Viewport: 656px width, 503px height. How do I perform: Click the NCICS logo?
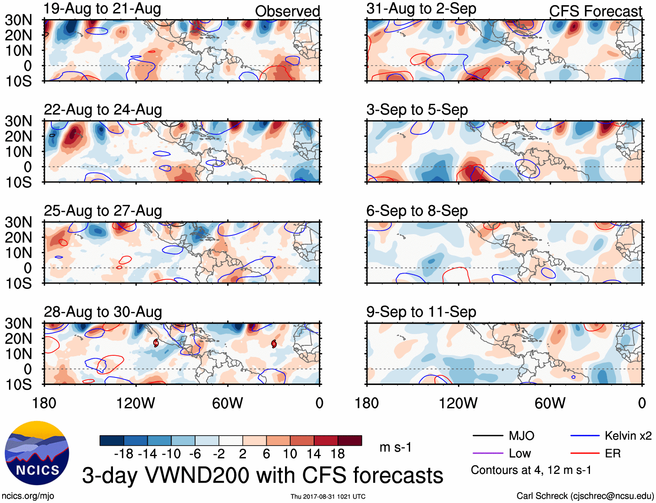coord(37,453)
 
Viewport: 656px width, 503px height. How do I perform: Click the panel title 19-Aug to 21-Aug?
coord(102,9)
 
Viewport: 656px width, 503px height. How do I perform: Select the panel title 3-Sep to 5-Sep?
coord(417,109)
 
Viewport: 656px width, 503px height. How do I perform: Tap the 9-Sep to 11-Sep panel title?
coord(421,312)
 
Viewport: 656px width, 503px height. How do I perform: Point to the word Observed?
coord(287,11)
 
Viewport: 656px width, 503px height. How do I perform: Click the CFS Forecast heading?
coord(595,11)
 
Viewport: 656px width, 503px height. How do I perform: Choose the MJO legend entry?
coord(521,436)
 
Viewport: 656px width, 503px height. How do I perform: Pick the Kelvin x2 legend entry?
coord(628,436)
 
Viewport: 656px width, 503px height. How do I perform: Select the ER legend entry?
coord(613,453)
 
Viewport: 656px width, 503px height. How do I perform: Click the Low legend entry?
coord(520,453)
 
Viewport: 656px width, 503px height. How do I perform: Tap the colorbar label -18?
coord(123,454)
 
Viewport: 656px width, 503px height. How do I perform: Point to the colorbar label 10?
coord(290,454)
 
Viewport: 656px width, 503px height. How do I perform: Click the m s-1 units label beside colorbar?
coord(395,447)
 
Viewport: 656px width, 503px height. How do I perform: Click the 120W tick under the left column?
coord(136,403)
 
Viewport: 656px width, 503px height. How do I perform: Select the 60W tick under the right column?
coord(550,403)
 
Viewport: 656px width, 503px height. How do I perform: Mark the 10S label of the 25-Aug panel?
coord(18,284)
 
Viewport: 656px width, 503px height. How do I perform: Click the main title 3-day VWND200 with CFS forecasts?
coord(262,475)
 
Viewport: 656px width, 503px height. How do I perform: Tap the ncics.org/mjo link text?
coord(28,496)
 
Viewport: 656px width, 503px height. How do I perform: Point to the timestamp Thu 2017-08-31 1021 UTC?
coord(328,496)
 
